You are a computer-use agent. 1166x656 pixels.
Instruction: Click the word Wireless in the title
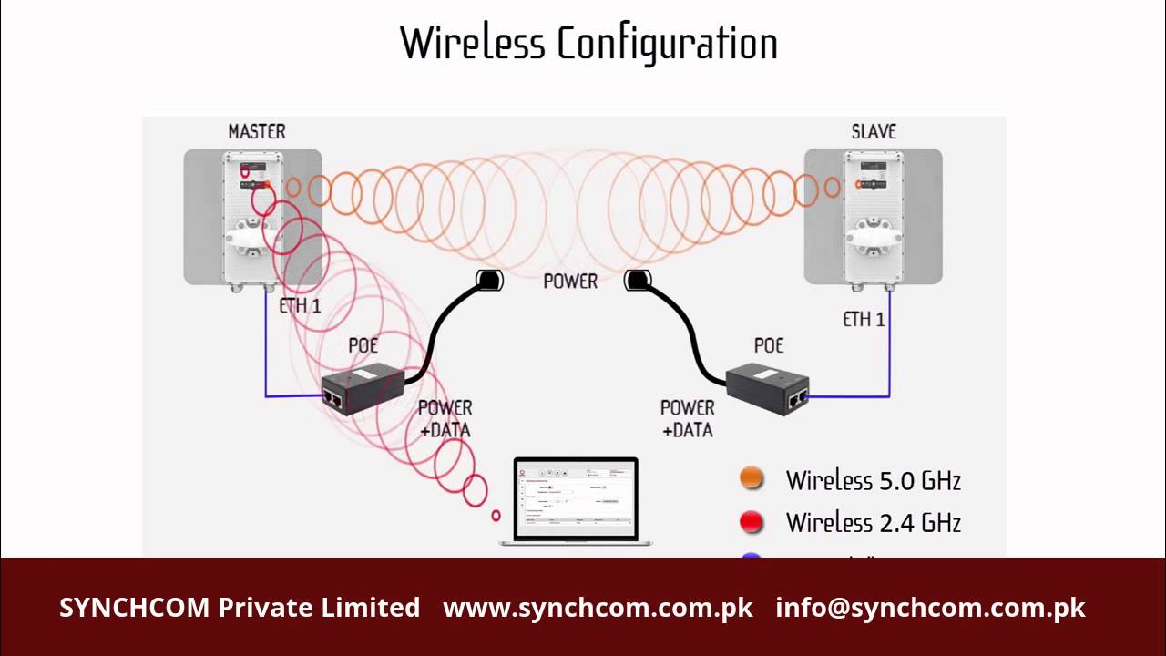click(x=473, y=44)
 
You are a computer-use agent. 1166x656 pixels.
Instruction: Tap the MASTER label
click(x=257, y=131)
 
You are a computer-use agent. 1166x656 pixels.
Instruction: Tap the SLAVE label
click(x=874, y=131)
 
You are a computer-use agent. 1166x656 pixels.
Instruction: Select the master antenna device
click(x=252, y=219)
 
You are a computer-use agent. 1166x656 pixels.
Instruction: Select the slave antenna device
click(x=873, y=219)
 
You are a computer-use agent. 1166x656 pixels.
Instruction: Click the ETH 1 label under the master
click(x=300, y=306)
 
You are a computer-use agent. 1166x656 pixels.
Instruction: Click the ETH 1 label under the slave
click(x=864, y=319)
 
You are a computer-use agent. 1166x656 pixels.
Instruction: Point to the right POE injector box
click(x=767, y=387)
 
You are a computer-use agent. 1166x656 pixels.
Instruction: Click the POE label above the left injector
click(x=363, y=346)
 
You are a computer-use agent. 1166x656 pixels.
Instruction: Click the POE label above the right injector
click(x=769, y=346)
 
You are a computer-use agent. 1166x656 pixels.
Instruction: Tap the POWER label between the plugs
click(x=570, y=282)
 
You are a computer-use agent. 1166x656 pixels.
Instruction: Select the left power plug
click(x=489, y=280)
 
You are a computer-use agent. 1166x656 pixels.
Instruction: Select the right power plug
click(x=637, y=281)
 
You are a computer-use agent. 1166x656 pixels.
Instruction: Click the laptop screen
click(x=576, y=498)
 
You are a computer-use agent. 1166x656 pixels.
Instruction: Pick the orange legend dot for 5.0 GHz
click(x=752, y=479)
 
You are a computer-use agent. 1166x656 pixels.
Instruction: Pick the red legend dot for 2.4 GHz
click(x=752, y=522)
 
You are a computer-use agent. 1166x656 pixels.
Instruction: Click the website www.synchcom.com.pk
click(x=598, y=608)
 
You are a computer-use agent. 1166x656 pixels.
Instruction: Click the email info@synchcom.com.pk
click(x=930, y=608)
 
